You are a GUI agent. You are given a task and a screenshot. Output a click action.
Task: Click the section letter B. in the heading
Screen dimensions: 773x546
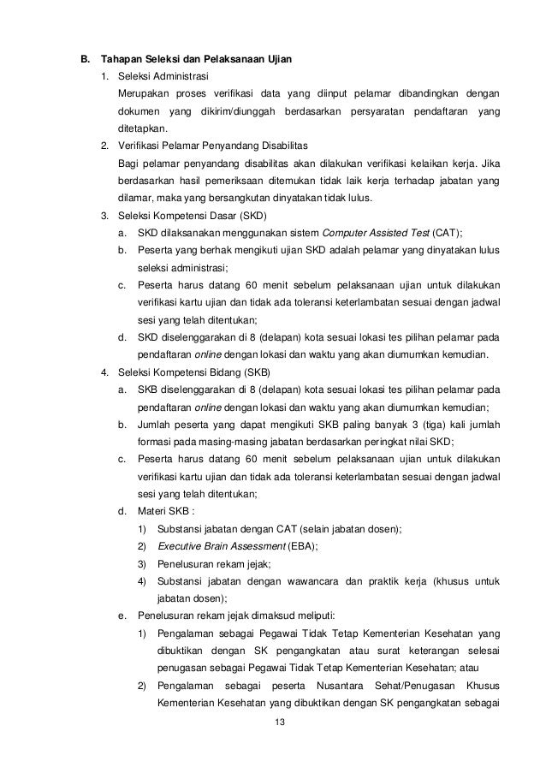coord(85,60)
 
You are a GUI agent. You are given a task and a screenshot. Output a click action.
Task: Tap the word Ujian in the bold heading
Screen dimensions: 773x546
coord(278,60)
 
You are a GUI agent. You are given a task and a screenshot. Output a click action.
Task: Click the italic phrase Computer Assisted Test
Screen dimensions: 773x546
coord(375,233)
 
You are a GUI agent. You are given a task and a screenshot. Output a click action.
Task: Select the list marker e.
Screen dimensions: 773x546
coord(122,616)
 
